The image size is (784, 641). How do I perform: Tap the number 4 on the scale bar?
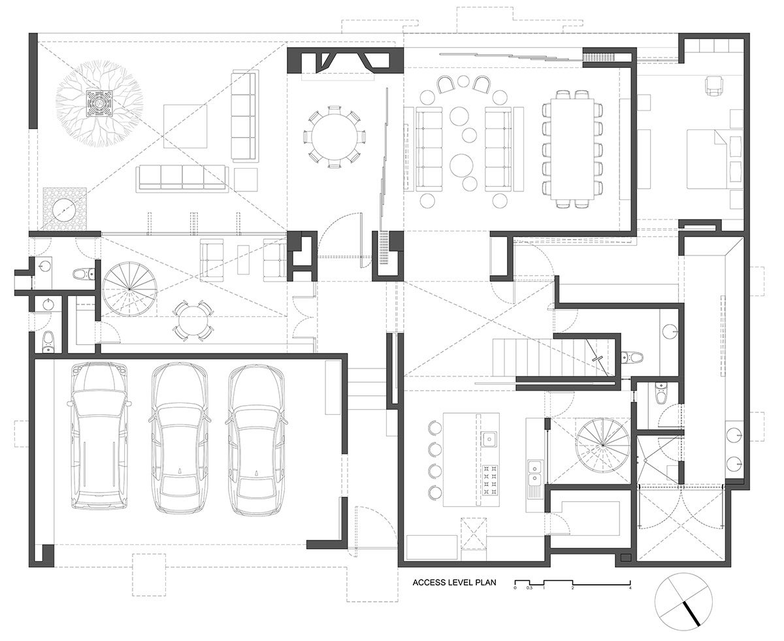click(630, 589)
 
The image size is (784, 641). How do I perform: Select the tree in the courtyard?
click(99, 103)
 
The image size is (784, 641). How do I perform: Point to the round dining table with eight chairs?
click(334, 137)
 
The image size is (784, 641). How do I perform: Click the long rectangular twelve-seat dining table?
click(572, 149)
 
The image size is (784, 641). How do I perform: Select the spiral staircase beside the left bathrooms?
click(129, 289)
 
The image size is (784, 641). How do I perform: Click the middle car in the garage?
click(178, 438)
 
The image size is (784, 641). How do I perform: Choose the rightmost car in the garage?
click(257, 439)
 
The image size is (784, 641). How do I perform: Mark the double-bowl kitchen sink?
click(534, 470)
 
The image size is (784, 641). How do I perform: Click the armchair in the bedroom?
click(713, 86)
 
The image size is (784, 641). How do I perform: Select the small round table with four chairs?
click(193, 320)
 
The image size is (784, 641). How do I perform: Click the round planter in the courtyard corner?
click(64, 209)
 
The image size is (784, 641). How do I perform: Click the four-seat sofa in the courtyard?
click(182, 178)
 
